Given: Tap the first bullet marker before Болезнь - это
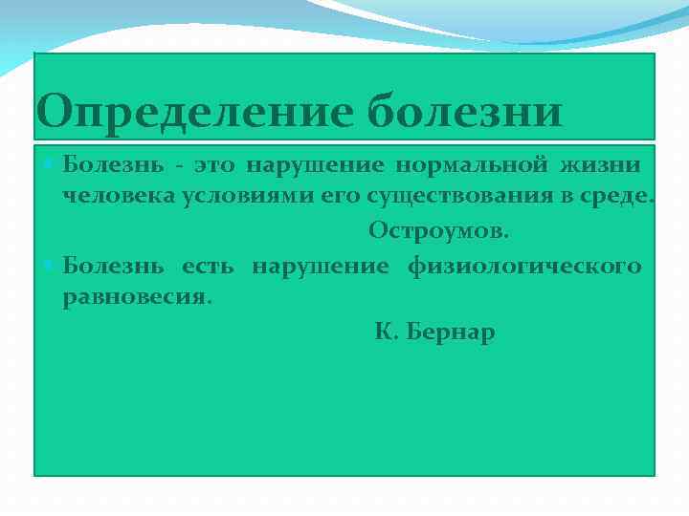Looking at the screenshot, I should pyautogui.click(x=51, y=164).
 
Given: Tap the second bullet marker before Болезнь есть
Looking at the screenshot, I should pyautogui.click(x=51, y=265).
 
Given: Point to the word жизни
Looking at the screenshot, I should pyautogui.click(x=604, y=165).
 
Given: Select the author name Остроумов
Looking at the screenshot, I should pyautogui.click(x=439, y=231).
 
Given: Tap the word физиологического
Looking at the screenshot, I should pyautogui.click(x=524, y=266).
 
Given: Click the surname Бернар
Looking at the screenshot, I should pyautogui.click(x=451, y=333).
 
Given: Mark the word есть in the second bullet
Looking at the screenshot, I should pyautogui.click(x=208, y=266).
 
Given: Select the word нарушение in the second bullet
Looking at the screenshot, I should pyautogui.click(x=320, y=266).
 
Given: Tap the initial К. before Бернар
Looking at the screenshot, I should pyautogui.click(x=385, y=333).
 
